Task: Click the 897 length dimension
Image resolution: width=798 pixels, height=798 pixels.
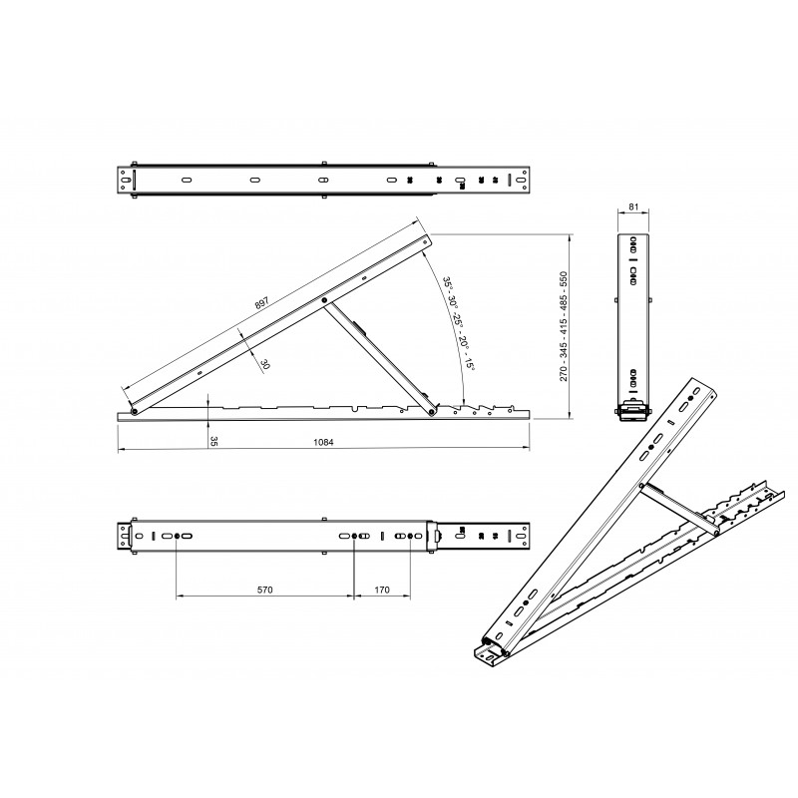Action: click(262, 303)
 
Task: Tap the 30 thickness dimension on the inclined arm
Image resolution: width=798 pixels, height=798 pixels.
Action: click(264, 364)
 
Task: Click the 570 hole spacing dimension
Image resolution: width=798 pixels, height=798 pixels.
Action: click(264, 591)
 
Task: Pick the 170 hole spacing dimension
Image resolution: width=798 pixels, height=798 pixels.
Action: click(383, 591)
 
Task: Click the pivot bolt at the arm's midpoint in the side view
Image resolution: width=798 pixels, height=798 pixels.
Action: click(324, 299)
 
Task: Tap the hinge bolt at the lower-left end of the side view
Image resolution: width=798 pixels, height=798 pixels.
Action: click(133, 409)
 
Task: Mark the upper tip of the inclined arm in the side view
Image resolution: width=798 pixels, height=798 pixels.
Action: click(428, 239)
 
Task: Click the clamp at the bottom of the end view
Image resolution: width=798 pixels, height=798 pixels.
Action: click(631, 410)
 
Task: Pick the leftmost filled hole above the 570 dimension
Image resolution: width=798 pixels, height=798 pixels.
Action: click(178, 537)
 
